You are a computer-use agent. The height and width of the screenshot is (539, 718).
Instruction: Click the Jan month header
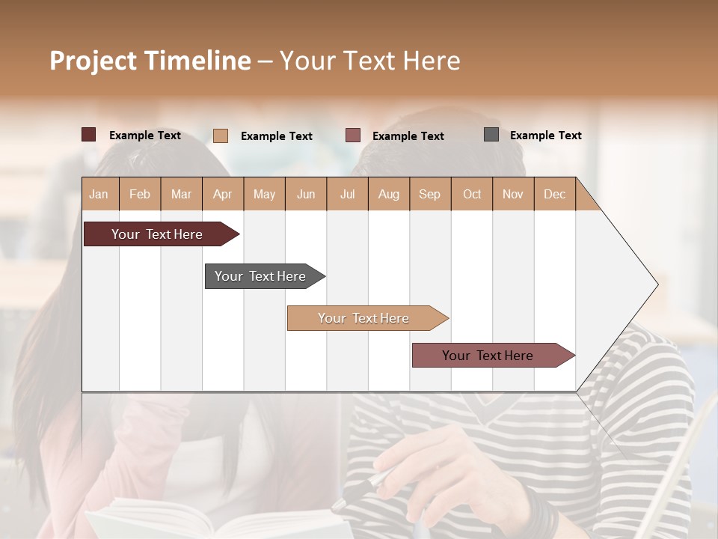coord(99,194)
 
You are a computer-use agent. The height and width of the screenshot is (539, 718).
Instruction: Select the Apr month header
coord(223,194)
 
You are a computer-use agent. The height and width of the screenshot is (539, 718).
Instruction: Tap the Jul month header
coord(347,194)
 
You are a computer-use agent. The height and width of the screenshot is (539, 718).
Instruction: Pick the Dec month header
coord(554,194)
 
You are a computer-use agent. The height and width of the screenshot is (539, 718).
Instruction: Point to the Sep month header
coord(430,194)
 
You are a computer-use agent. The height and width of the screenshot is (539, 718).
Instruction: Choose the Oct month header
coord(472,194)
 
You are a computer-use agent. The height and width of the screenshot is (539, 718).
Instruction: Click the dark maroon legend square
coord(88,135)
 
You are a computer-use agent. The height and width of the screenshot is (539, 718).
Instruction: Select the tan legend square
coord(220,135)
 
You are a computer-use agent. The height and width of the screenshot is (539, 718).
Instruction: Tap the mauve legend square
coord(353,135)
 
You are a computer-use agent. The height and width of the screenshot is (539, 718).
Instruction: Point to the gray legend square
coord(491,135)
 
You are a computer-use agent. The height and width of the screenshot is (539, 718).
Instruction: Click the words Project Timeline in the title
coord(150,61)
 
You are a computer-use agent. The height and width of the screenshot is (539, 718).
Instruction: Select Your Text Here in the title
coord(369,61)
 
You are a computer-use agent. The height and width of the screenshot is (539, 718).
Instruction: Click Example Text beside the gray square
coord(545,135)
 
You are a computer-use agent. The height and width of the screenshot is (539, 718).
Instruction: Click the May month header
coord(264,194)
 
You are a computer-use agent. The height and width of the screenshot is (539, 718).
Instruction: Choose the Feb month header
coord(140,194)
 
